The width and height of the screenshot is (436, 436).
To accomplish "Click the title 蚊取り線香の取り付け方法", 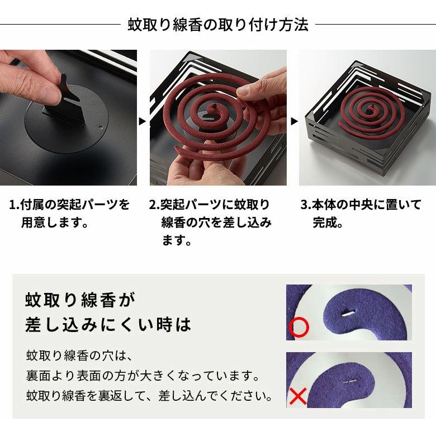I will [x=218, y=25].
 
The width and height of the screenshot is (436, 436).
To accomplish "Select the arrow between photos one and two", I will [x=143, y=120].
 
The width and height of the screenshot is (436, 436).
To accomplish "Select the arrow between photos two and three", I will [x=293, y=120].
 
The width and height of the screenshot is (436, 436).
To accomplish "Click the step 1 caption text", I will [x=70, y=213].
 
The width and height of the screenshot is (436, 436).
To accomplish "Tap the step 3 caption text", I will [x=361, y=213].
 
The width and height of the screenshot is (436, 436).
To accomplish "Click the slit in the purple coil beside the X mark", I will [x=350, y=382].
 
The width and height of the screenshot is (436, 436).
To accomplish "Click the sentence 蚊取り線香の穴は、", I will [x=78, y=356].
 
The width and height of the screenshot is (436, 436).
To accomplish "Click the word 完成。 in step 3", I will [x=328, y=223].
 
